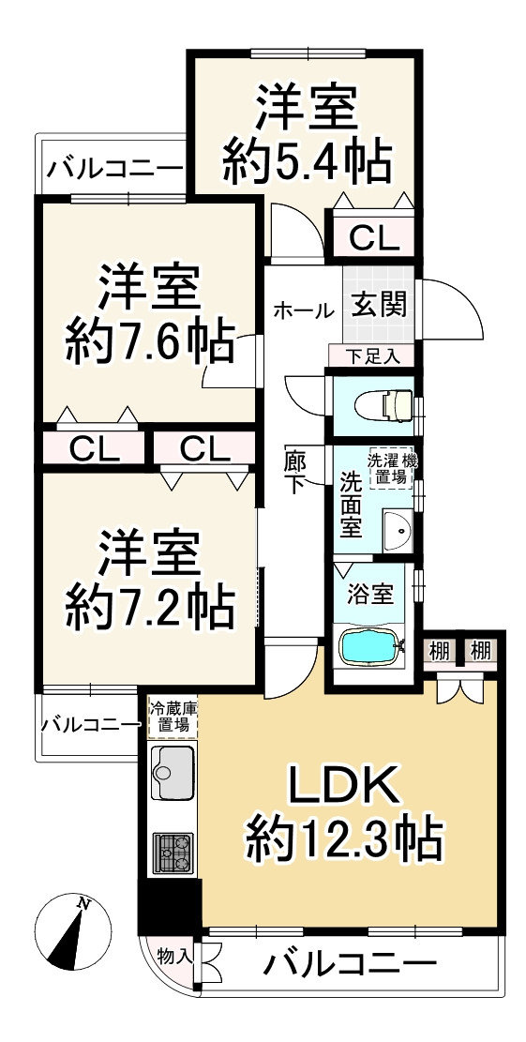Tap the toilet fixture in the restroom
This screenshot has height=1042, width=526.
(385, 403)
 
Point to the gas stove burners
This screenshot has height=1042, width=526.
(172, 853)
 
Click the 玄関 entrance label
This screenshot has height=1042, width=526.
(380, 305)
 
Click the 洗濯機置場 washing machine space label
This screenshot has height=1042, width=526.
(392, 469)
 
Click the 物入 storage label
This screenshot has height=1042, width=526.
(174, 958)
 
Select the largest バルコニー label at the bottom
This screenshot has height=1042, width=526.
(349, 963)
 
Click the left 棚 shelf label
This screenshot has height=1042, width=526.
(439, 650)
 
